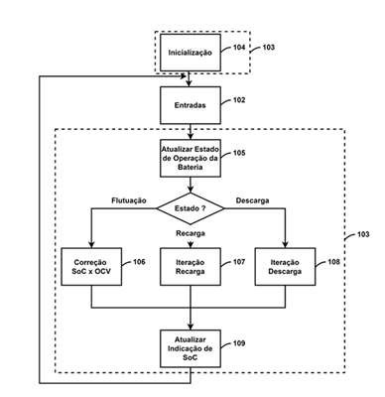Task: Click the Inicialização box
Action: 191,53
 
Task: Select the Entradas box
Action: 191,105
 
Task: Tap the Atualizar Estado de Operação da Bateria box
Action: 191,158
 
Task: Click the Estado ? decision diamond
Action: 191,208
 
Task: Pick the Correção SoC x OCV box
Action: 91,267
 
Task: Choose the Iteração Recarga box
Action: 191,267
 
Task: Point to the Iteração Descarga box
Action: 285,267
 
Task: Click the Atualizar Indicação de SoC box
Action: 191,348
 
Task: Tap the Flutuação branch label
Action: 129,200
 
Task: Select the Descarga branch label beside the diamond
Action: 252,200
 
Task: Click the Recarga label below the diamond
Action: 191,233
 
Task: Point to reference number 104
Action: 239,48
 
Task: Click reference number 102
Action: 239,100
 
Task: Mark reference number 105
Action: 239,153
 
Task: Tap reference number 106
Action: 139,262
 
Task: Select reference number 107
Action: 239,262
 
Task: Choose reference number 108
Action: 333,262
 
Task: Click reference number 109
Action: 239,343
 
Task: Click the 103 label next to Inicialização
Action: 269,48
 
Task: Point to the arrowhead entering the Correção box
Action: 91,245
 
